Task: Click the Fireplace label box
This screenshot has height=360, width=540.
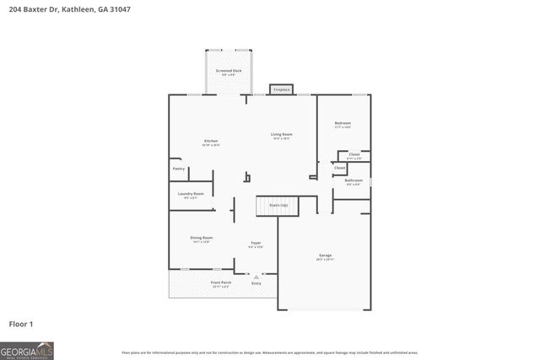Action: tap(281, 89)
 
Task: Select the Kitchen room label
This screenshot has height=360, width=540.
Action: tap(211, 142)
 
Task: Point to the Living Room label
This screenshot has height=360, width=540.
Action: tap(281, 136)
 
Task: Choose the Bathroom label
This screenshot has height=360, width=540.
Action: tap(353, 181)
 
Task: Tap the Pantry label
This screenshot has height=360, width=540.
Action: tap(179, 169)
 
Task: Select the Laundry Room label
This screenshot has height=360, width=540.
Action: tap(191, 195)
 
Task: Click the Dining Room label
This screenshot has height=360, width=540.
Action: tap(201, 239)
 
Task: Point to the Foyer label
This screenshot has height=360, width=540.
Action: tap(256, 244)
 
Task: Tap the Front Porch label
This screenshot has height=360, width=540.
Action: tap(221, 283)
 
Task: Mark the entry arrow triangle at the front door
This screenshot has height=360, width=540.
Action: tap(256, 276)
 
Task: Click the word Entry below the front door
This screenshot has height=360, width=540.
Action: tap(256, 283)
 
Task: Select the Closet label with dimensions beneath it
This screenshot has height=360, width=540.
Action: tap(354, 156)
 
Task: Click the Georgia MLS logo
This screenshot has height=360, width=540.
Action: tap(27, 350)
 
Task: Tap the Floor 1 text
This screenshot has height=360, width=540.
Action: tap(21, 324)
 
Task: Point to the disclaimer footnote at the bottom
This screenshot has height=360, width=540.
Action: tap(269, 352)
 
